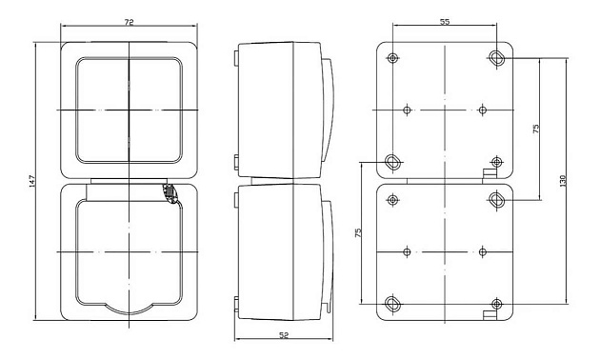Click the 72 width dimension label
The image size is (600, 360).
(x=130, y=21)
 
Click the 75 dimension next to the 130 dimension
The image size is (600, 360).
(x=535, y=129)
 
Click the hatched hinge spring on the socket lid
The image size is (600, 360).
(x=170, y=193)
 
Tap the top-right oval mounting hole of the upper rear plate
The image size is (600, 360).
(x=498, y=58)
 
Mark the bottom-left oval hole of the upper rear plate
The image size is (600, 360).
(x=392, y=160)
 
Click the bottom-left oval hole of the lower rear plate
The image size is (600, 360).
(x=392, y=305)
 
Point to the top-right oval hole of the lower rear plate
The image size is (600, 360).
(x=497, y=199)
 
